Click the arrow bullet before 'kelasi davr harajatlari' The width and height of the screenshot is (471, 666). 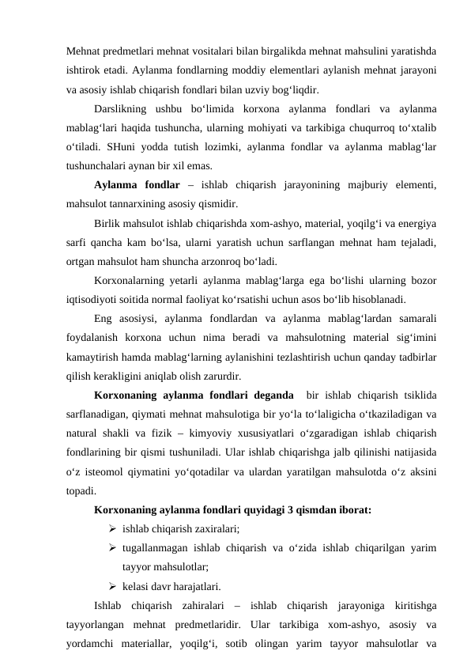coord(114,588)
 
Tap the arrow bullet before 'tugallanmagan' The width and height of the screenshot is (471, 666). coord(114,549)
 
